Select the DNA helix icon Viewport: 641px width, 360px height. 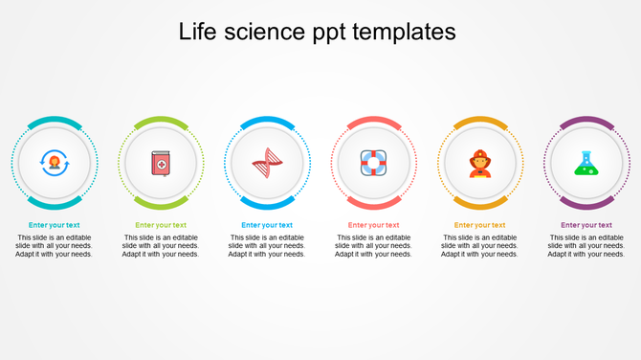[x=267, y=164]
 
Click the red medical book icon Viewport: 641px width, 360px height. [x=161, y=164]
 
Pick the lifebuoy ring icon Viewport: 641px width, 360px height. [x=373, y=164]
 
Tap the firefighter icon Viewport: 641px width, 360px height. [x=479, y=164]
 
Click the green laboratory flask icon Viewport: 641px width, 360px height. [x=586, y=164]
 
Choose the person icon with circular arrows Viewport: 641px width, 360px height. [x=55, y=164]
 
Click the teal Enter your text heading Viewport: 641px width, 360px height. [x=55, y=225]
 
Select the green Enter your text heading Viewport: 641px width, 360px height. [x=161, y=225]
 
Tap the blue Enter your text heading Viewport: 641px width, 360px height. [x=267, y=225]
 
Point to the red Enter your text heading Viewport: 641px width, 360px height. [x=373, y=225]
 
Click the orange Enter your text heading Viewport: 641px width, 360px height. [x=479, y=225]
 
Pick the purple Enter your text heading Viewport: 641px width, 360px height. [x=586, y=225]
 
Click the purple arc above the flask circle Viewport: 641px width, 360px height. [x=586, y=121]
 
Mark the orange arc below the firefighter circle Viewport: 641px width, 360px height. [x=479, y=205]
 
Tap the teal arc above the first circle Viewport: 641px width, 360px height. [x=55, y=121]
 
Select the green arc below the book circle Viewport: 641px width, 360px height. [x=161, y=205]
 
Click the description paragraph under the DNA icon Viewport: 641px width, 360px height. [x=267, y=246]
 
